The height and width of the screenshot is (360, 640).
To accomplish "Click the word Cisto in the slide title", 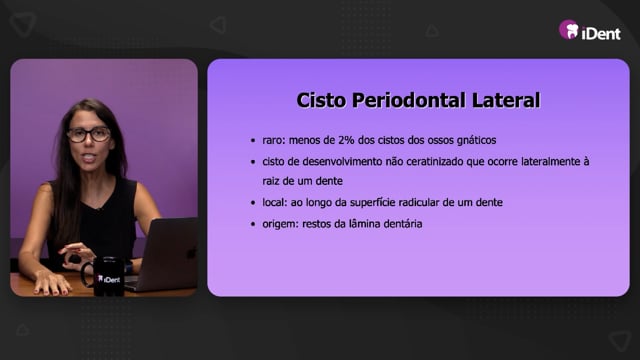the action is tap(321, 100).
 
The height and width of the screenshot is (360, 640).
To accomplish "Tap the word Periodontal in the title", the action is tap(408, 100).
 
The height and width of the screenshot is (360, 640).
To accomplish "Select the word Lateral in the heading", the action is tap(506, 100).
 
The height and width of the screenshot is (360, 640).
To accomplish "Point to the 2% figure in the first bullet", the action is tap(346, 140).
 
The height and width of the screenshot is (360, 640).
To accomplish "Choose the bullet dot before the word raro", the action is tap(253, 141).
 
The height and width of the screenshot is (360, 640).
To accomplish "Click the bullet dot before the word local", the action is tap(253, 203).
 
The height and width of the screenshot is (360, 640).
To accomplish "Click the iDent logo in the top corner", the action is tap(590, 30).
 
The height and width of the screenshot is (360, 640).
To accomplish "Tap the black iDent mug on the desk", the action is tap(104, 276).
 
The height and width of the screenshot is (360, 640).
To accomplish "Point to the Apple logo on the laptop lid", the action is tap(190, 253).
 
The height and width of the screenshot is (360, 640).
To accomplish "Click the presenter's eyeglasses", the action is tap(89, 134).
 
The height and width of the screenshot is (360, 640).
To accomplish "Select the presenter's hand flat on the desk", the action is tap(51, 282).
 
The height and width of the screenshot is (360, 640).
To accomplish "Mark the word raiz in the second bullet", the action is tap(271, 181).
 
